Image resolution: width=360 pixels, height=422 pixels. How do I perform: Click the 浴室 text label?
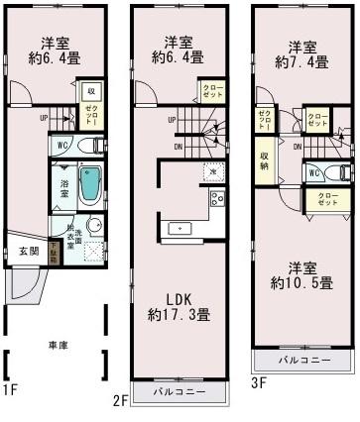[x=62, y=184]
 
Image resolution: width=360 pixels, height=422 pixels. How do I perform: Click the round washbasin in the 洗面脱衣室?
[x=93, y=225]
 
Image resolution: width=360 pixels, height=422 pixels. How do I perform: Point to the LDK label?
[x=180, y=297]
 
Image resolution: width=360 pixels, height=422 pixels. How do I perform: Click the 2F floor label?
[x=121, y=401]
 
